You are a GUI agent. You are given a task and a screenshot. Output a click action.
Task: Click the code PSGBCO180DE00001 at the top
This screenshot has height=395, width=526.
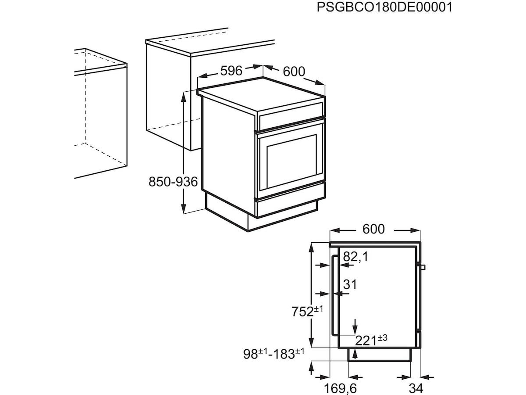[x=384, y=7]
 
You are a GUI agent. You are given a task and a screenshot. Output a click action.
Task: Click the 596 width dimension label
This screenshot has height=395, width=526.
[x=231, y=71]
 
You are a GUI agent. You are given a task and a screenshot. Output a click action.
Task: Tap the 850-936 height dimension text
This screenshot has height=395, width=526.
[x=174, y=181]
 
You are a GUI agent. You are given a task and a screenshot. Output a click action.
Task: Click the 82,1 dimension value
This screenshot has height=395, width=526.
[x=355, y=257]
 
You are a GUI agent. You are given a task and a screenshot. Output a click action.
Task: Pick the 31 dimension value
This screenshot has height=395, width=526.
[x=350, y=284]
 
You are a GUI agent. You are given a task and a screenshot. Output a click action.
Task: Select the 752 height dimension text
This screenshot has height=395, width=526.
[x=307, y=312]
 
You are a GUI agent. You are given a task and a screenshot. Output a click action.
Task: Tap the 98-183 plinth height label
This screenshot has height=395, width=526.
[x=275, y=354]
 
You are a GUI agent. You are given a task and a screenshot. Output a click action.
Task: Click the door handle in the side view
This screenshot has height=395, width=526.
[x=334, y=298]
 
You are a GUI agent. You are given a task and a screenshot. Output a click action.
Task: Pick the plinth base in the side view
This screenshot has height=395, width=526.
[x=380, y=355]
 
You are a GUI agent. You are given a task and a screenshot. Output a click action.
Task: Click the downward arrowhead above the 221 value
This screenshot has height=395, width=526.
[x=355, y=330]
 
